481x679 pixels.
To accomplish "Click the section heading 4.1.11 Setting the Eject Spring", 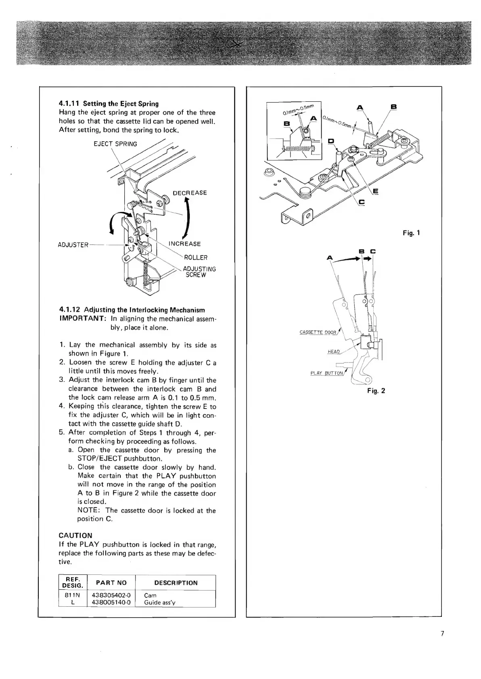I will coord(109,103).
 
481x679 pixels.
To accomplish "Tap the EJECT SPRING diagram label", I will coord(115,144).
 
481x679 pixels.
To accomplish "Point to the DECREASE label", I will coord(190,193).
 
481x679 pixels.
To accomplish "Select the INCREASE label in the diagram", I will coord(184,244).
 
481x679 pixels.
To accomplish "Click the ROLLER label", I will coord(195,258).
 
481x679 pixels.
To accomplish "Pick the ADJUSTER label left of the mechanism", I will coord(73,245).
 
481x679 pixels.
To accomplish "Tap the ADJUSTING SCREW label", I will coord(199,272).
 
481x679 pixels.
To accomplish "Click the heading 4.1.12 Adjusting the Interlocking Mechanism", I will coord(132,310).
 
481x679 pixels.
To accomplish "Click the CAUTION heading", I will coord(75,535).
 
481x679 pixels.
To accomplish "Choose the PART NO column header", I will coord(111,583).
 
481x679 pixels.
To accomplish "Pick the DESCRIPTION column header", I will coord(176,583).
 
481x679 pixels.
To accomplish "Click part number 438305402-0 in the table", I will coord(111,595).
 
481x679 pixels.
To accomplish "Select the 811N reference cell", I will coord(72,595).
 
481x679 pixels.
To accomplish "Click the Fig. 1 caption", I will coord(412,233).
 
